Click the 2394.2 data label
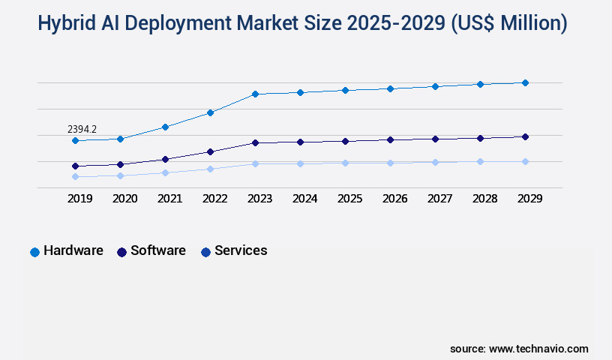82,129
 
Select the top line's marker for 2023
255,94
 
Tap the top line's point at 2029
525,82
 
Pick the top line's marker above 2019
75,140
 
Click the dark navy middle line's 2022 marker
210,151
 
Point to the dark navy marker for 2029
525,136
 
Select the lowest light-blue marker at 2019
75,177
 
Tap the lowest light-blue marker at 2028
480,161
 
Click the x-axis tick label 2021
169,199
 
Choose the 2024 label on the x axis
304,199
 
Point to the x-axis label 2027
439,199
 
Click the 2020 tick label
124,199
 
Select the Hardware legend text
73,250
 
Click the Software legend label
158,250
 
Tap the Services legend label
241,250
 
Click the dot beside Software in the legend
121,252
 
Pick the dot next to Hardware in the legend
34,252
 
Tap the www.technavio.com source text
538,349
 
